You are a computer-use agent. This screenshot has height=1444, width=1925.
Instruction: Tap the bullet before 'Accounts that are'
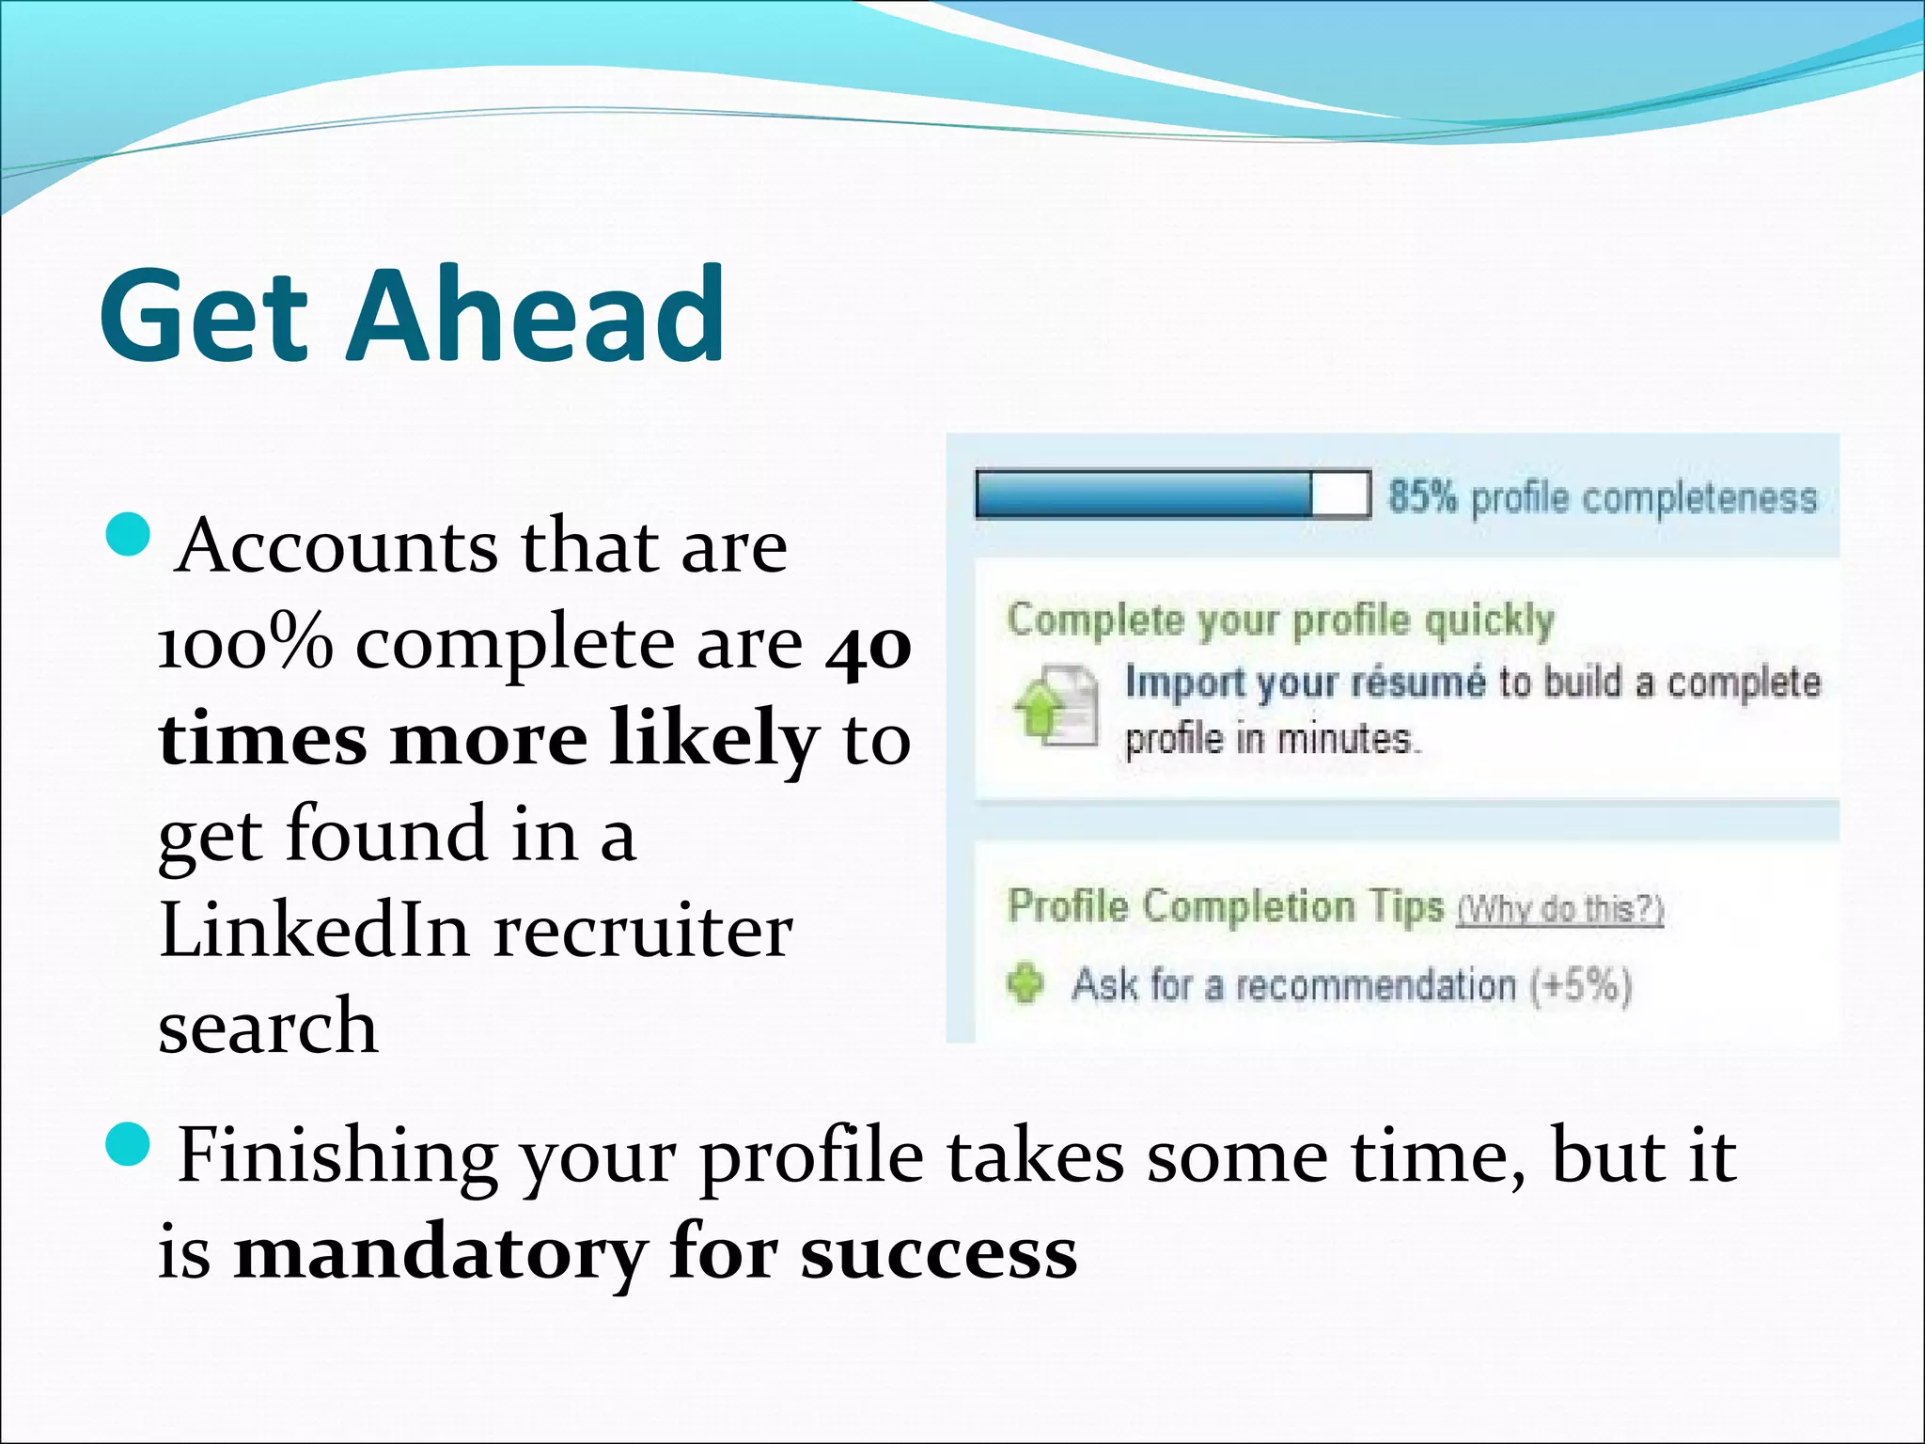pyautogui.click(x=129, y=535)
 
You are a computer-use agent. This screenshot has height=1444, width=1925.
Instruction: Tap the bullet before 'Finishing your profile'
pyautogui.click(x=129, y=1143)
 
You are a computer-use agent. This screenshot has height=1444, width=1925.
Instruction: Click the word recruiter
pyautogui.click(x=643, y=933)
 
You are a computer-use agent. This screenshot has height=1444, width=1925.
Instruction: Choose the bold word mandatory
pyautogui.click(x=440, y=1254)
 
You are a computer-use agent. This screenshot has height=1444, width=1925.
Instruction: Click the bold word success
pyautogui.click(x=939, y=1254)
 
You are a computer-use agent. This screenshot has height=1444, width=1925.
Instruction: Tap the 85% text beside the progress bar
pyautogui.click(x=1422, y=496)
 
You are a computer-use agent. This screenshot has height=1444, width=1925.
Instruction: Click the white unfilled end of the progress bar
pyautogui.click(x=1339, y=494)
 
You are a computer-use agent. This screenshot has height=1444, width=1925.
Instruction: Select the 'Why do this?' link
pyautogui.click(x=1560, y=910)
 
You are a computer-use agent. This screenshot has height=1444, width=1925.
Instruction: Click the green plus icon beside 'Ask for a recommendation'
pyautogui.click(x=1025, y=983)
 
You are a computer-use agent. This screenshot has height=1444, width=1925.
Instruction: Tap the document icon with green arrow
pyautogui.click(x=1056, y=705)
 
